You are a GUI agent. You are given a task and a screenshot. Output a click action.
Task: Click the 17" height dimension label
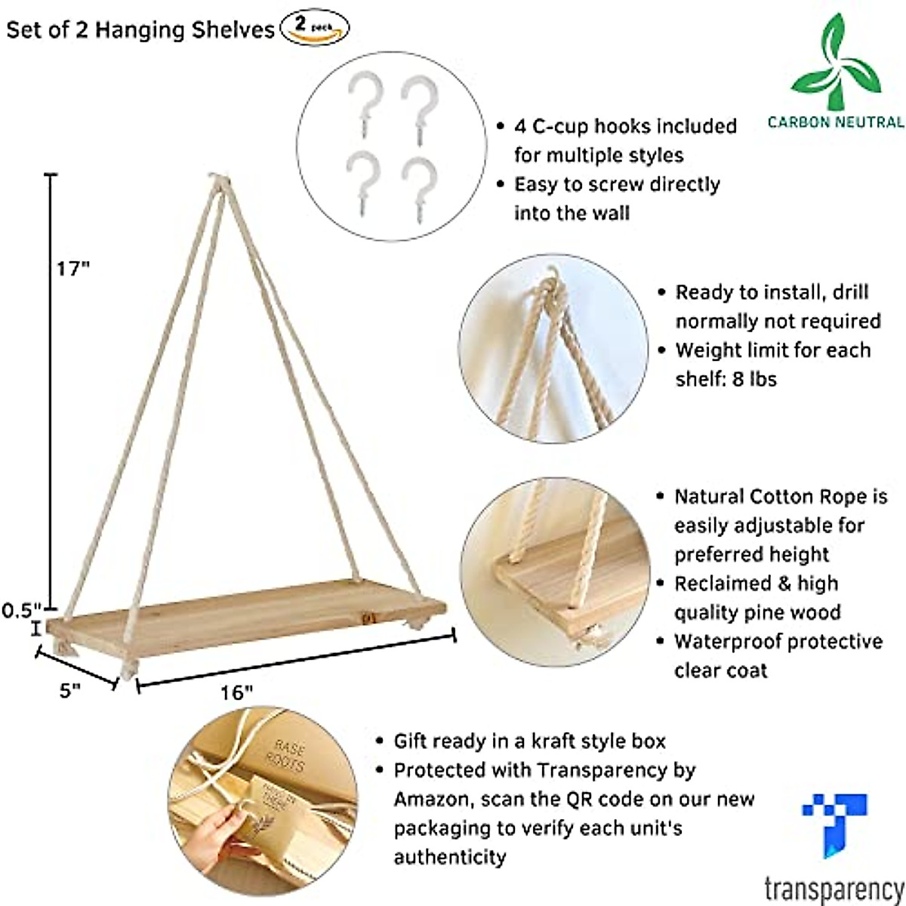[72, 269]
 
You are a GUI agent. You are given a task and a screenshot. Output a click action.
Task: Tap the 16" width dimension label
[236, 692]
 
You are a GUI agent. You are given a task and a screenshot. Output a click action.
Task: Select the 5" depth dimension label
[70, 690]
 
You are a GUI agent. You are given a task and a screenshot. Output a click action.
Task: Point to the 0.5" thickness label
[20, 609]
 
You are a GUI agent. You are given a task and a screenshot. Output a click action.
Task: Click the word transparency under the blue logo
[834, 888]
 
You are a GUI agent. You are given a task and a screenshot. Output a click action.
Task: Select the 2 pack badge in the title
[315, 29]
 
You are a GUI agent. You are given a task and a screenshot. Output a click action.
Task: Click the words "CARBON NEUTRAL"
[835, 122]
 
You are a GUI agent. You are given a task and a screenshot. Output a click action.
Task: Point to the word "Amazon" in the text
[427, 800]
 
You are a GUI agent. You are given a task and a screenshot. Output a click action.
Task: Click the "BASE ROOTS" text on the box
[286, 756]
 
